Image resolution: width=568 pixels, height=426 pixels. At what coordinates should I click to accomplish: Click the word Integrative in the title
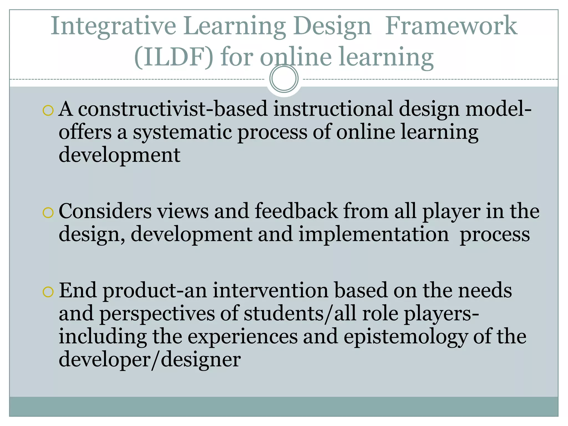[x=113, y=26]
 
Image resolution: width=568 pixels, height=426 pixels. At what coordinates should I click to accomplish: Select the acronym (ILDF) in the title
[x=174, y=57]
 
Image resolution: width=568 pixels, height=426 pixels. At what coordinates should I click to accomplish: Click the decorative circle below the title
[x=284, y=78]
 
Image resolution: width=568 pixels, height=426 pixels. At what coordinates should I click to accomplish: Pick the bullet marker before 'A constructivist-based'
[x=48, y=111]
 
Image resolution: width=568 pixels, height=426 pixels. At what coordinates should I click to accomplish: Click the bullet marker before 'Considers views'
[x=48, y=213]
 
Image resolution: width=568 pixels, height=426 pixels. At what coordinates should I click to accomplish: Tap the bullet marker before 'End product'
[x=48, y=292]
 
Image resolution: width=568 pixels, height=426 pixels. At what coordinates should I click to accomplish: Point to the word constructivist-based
[x=173, y=109]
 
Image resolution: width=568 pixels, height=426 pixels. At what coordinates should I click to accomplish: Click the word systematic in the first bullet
[x=182, y=132]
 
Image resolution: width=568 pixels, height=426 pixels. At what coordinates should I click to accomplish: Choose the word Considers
[x=105, y=211]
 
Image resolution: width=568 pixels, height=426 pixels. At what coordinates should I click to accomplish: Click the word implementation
[x=373, y=234]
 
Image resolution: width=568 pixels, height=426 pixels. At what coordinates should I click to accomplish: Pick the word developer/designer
[x=150, y=360]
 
